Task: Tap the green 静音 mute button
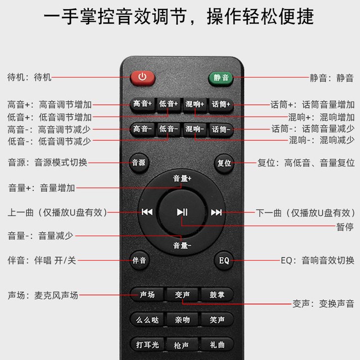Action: point(220,79)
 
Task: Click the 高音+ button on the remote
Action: point(143,105)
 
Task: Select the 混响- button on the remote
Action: point(195,129)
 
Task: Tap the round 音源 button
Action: point(139,163)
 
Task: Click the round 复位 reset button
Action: point(224,163)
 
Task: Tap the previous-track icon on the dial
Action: point(147,212)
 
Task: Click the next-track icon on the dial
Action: point(216,213)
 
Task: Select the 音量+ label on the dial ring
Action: point(182,179)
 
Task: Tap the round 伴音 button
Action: point(139,260)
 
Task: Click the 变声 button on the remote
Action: point(182,295)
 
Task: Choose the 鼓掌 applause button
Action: point(217,295)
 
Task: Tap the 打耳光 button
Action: point(147,344)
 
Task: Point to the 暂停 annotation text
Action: point(345,227)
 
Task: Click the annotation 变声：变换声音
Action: point(323,304)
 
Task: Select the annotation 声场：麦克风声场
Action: point(43,295)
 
